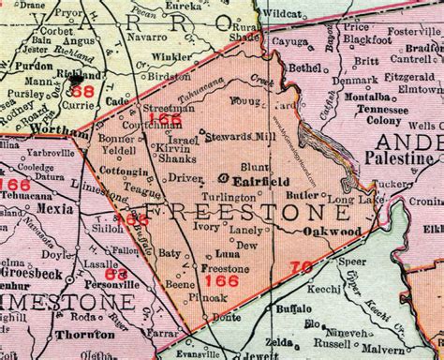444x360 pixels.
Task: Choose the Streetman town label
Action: click(x=170, y=109)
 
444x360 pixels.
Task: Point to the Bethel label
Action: click(x=306, y=68)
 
